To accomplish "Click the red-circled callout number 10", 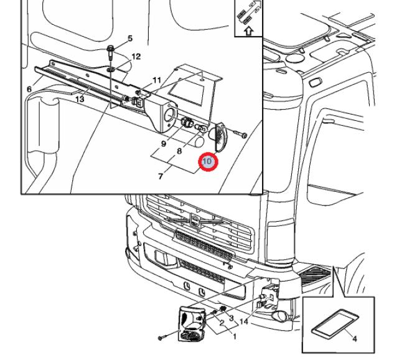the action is point(207,161).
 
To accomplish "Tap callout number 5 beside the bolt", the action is point(130,39).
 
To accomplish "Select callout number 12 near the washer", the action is point(136,57).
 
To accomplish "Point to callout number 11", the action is point(157,80).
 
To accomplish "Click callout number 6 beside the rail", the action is point(29,89).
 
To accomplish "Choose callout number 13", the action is point(80,99).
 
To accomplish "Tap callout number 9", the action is point(164,144).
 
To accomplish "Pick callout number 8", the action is point(179,151).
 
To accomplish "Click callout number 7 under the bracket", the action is point(161,176).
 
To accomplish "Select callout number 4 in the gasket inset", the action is point(354,339).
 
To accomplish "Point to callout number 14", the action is point(243,321).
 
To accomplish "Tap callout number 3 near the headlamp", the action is point(231,318).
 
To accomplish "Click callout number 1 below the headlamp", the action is point(235,336).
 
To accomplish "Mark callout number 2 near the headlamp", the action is point(222,323).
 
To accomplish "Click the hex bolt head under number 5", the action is point(110,49).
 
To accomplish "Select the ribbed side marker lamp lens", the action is point(220,137).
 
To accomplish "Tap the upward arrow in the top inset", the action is point(248,31).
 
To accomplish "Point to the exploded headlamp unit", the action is point(192,323).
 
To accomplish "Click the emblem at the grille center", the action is point(195,220).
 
